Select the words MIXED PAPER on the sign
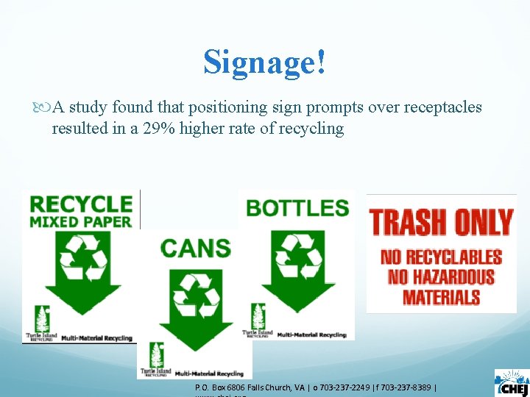[x=80, y=221]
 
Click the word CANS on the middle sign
[x=194, y=248]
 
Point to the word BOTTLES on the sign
[x=297, y=208]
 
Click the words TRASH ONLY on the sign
[x=441, y=221]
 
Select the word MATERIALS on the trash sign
[x=441, y=297]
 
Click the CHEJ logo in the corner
[x=511, y=382]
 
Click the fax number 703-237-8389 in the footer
[x=407, y=387]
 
